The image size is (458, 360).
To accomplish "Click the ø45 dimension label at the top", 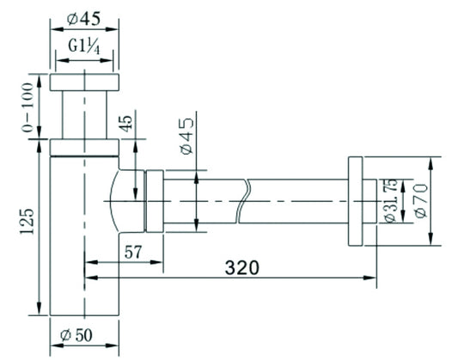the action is [x=83, y=19].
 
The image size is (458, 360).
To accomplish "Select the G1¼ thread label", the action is [x=84, y=46].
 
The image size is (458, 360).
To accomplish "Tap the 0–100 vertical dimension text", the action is [x=28, y=107].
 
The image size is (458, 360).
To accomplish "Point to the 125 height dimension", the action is [x=27, y=221].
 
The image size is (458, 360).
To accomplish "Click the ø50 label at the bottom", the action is [x=76, y=335].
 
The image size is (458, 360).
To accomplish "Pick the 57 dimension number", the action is [x=133, y=252].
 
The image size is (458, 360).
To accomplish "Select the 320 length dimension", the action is [x=241, y=268].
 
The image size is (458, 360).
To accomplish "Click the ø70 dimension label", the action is [x=421, y=200].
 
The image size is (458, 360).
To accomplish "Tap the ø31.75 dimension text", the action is [x=390, y=200].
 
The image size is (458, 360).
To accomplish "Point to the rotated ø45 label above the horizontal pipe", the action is [x=187, y=136].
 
